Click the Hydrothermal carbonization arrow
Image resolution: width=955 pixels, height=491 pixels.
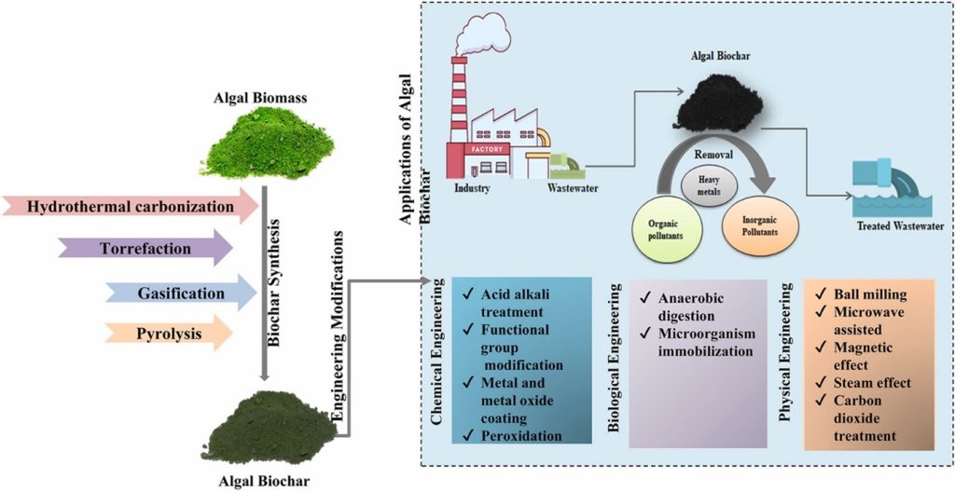[x=131, y=206]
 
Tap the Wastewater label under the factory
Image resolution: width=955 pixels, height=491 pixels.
[x=572, y=189]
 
